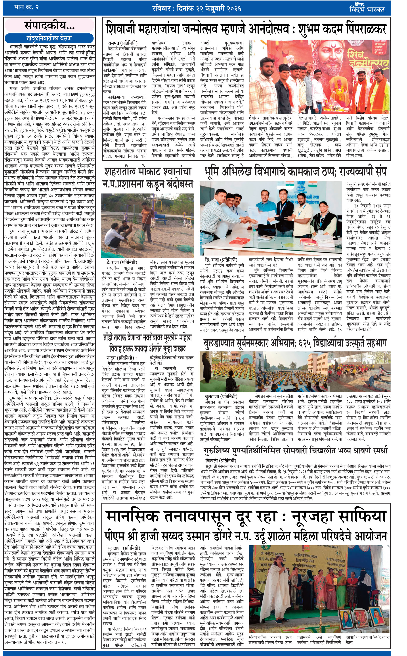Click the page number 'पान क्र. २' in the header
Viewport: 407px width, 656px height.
(26, 7)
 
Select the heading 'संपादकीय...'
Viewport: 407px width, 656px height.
(50, 26)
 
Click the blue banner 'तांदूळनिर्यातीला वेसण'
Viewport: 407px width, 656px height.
(49, 38)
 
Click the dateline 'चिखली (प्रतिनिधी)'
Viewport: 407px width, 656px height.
(220, 460)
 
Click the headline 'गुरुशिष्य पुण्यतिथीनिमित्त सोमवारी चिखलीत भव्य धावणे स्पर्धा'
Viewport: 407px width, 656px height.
(295, 451)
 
